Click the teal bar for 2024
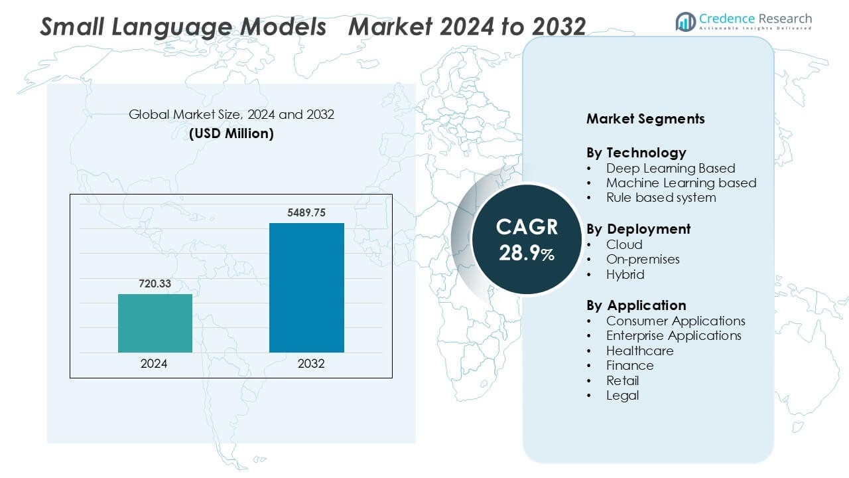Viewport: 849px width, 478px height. coord(155,323)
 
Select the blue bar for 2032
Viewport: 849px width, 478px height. coord(306,287)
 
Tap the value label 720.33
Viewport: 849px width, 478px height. coord(155,284)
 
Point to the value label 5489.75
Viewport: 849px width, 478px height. coord(306,213)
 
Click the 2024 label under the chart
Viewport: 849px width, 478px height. coord(154,364)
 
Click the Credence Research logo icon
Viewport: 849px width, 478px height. coord(685,22)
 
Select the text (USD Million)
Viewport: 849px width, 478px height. coord(231,133)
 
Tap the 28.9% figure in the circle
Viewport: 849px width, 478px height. coord(527,253)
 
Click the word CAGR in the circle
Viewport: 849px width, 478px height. coord(527,228)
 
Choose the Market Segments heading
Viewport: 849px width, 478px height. coord(645,119)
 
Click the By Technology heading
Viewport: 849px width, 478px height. coord(636,152)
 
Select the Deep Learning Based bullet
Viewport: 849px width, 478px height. coord(670,168)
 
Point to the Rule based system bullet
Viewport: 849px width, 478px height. coord(661,197)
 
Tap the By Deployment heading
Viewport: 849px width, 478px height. coord(638,229)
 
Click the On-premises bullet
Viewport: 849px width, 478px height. coord(643,259)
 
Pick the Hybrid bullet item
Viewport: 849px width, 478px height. coord(625,274)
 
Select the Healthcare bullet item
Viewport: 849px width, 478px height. coord(639,351)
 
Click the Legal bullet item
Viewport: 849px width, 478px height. coord(622,395)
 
